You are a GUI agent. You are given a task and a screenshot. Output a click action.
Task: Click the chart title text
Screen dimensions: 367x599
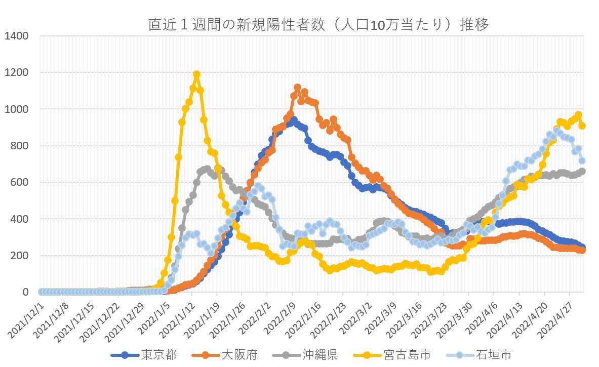318,24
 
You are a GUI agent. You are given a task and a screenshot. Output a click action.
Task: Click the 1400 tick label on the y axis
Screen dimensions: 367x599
17,36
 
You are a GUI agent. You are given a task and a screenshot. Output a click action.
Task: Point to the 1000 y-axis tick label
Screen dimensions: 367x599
17,109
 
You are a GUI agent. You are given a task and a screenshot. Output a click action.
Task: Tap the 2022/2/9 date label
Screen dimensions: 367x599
277,312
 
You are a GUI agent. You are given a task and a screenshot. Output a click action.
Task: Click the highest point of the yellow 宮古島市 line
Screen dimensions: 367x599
196,74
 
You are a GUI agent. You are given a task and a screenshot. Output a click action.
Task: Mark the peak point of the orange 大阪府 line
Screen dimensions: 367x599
297,88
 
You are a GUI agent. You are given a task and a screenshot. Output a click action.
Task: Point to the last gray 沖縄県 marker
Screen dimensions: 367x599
582,171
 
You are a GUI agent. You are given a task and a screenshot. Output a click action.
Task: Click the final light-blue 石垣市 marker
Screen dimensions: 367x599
582,160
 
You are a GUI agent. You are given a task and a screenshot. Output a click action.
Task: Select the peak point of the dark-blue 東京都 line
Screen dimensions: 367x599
294,120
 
